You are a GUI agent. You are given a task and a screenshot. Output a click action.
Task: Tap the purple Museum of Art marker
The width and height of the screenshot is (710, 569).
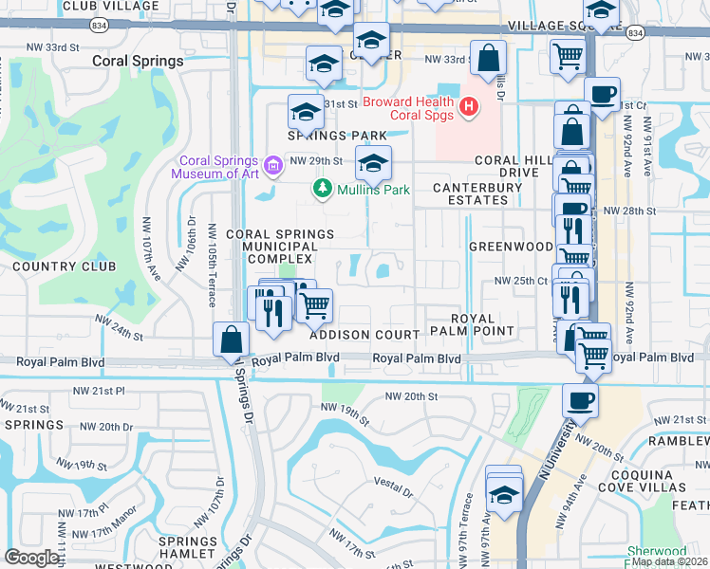[272, 166]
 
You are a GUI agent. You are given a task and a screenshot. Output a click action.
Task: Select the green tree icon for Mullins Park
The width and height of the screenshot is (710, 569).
[323, 190]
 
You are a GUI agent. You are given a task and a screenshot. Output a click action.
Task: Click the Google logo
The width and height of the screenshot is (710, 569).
[31, 558]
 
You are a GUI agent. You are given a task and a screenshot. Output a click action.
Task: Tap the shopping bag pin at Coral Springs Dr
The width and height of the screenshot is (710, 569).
[232, 340]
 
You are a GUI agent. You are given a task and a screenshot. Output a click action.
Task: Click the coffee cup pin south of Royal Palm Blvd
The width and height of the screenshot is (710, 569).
[581, 401]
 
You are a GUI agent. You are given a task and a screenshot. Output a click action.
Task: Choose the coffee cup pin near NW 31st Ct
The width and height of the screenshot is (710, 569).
[602, 95]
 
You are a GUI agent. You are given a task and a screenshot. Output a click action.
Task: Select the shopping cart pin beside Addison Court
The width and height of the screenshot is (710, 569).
[314, 305]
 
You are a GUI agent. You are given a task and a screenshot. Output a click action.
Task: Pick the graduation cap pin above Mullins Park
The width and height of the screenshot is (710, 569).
[374, 165]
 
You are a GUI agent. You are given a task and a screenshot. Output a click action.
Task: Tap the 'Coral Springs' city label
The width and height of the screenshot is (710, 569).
[138, 61]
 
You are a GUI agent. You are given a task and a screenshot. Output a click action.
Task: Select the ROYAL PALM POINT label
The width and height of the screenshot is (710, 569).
[471, 324]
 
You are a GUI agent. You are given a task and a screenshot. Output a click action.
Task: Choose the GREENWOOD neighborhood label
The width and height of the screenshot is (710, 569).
[511, 246]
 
